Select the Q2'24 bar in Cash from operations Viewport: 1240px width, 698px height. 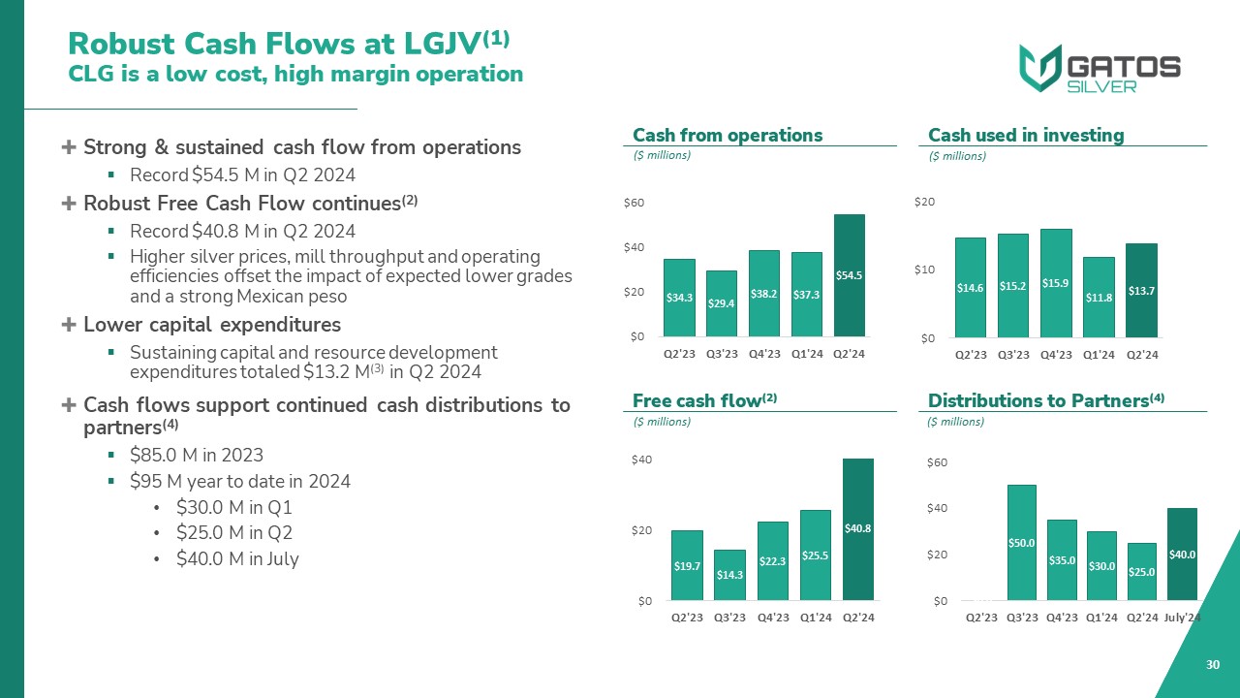[849, 275]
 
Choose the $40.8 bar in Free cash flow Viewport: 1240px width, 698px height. [858, 529]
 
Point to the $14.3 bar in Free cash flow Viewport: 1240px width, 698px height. [729, 575]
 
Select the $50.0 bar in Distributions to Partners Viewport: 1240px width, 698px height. [1022, 543]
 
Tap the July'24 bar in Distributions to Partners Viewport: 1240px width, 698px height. [1182, 555]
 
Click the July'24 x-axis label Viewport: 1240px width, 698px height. [1183, 618]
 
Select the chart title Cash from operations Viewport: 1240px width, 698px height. [727, 135]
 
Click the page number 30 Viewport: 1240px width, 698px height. [1212, 664]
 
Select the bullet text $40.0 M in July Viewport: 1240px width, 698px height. [237, 558]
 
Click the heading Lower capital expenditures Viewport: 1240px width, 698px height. [211, 324]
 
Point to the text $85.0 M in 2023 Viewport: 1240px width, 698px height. [196, 455]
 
